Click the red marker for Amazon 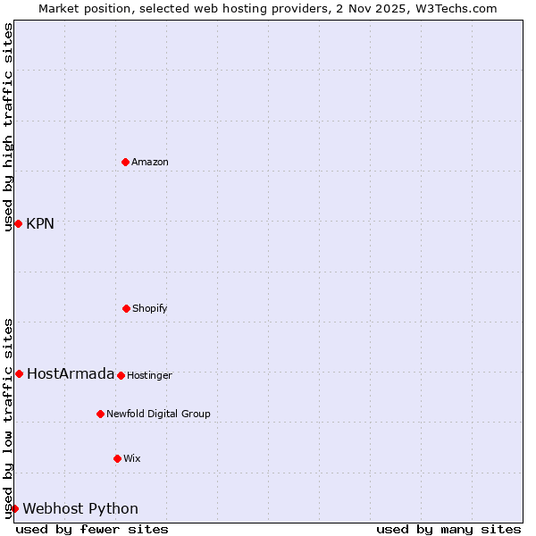[125, 162]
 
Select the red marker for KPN [18, 223]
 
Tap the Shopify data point [126, 308]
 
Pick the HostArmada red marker [19, 373]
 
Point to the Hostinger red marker [121, 375]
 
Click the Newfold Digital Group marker [100, 414]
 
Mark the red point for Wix [117, 458]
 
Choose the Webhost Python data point [14, 508]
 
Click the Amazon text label [150, 162]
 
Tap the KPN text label [40, 223]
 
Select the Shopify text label [150, 308]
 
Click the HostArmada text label [71, 373]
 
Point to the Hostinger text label [149, 375]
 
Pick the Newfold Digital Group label [158, 414]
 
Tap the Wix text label [132, 458]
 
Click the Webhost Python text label [80, 508]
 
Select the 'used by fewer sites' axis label [92, 529]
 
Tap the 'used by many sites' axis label [448, 529]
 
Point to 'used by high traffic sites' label [8, 127]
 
